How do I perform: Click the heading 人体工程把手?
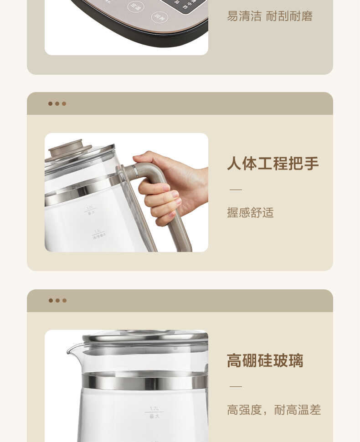(x=273, y=164)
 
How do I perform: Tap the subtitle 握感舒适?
(x=250, y=212)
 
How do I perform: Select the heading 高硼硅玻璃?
(x=265, y=360)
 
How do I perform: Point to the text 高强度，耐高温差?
(x=274, y=410)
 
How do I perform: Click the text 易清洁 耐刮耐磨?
(x=270, y=16)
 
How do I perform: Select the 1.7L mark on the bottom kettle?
(x=154, y=409)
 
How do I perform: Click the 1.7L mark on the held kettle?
(x=90, y=208)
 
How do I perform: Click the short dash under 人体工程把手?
(x=236, y=189)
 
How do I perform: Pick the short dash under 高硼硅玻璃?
(x=236, y=386)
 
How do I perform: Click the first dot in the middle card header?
(x=50, y=103)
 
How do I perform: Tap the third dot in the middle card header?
(x=64, y=103)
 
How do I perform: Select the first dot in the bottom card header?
(x=51, y=300)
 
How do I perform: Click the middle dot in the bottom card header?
(x=57, y=300)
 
